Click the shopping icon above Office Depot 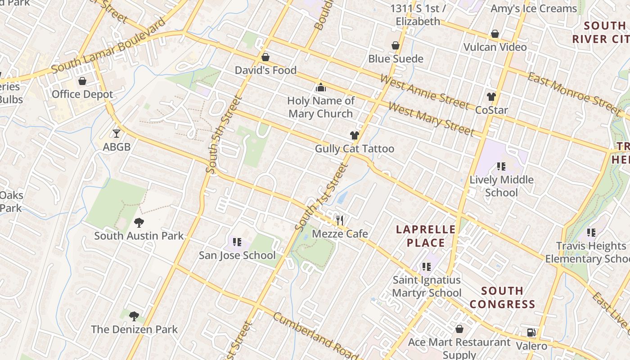(x=82, y=81)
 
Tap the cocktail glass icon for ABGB (x=117, y=134)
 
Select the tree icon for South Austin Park (x=139, y=222)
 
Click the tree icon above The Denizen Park (x=134, y=316)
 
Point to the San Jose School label (x=237, y=255)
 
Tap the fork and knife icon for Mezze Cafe (x=340, y=220)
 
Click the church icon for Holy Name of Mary (x=320, y=87)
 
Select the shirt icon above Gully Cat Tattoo (x=355, y=135)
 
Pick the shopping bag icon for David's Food (x=265, y=57)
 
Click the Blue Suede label (x=396, y=58)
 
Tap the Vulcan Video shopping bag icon (x=495, y=34)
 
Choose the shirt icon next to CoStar (x=491, y=97)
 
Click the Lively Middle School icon (x=501, y=166)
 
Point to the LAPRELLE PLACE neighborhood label (x=426, y=236)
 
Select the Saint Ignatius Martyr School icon (x=427, y=266)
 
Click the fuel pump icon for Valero (x=531, y=333)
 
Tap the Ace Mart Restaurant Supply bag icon (x=459, y=329)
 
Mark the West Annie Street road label (x=424, y=91)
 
